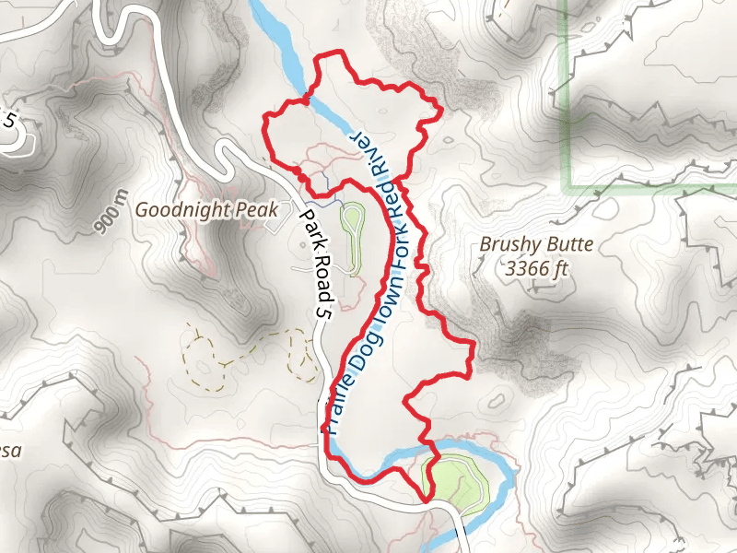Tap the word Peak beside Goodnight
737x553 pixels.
click(x=257, y=210)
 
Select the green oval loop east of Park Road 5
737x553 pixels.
click(x=352, y=222)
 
